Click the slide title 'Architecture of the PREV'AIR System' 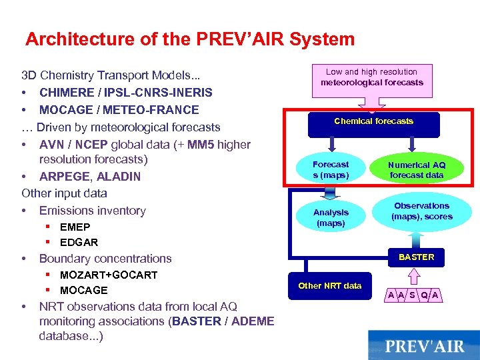190,39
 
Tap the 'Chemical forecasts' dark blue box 373,122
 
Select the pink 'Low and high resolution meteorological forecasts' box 372,78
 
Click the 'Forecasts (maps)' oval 331,169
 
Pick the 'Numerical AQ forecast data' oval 417,170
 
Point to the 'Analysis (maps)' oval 331,218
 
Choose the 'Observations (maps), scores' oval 421,211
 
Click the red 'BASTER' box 416,257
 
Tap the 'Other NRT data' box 330,286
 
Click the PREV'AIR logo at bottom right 423,346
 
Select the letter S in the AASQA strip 413,295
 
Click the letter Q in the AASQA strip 424,295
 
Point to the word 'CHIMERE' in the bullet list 67,93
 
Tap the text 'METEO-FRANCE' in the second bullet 157,110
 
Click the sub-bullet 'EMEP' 75,227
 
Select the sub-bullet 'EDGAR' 79,243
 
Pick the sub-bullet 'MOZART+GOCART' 109,275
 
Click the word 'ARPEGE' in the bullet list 63,177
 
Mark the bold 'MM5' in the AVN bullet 201,145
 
